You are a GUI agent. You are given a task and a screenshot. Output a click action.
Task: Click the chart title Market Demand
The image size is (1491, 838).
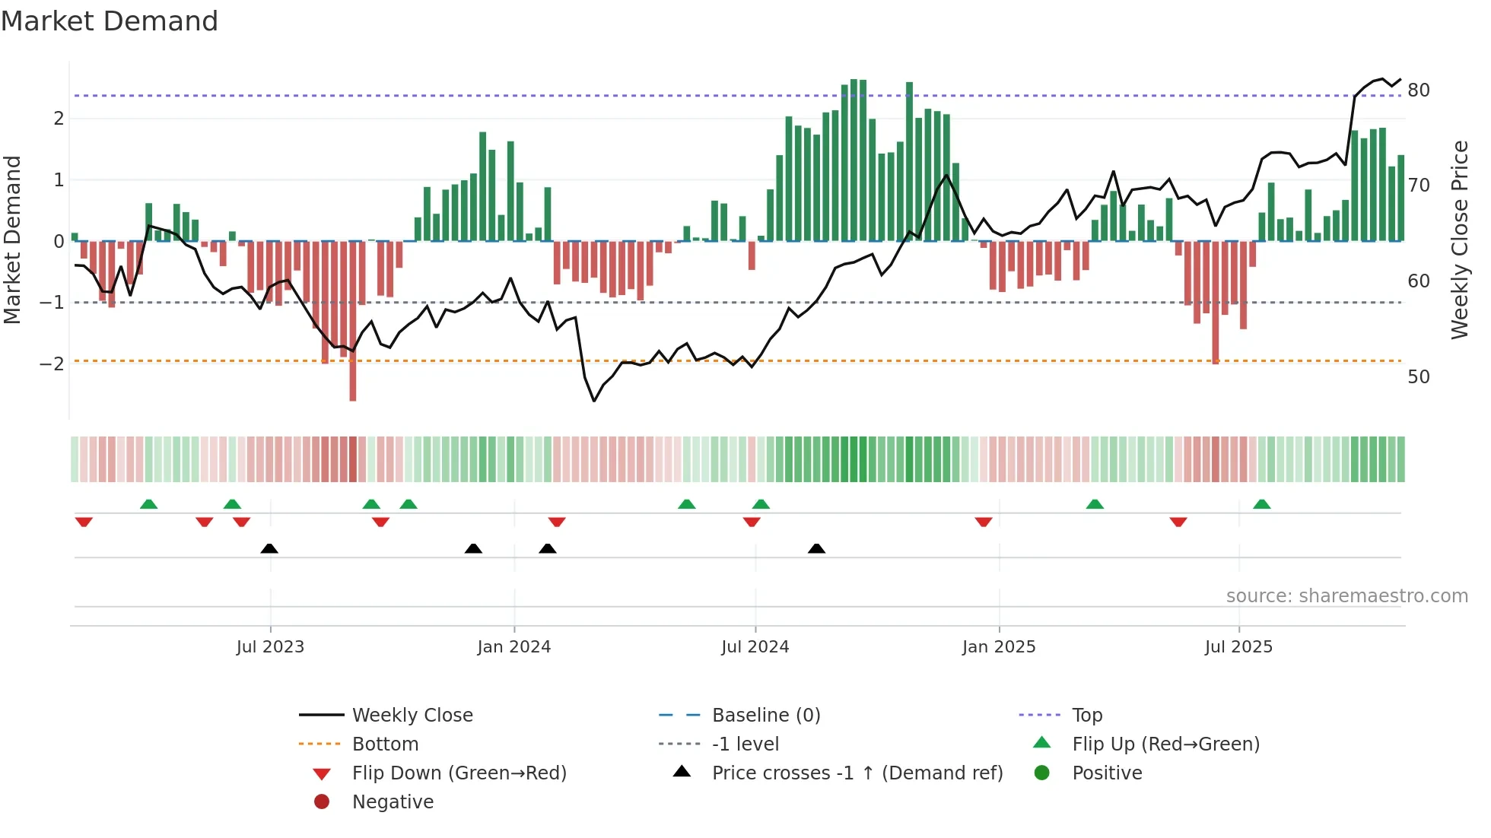pos(110,21)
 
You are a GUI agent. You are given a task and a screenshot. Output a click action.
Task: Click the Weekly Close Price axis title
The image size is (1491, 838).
pos(1459,240)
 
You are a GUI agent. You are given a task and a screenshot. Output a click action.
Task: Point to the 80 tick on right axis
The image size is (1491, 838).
pos(1418,90)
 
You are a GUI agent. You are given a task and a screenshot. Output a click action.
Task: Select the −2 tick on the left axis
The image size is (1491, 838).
pos(52,363)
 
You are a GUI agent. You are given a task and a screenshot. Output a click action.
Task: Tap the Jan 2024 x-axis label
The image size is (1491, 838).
pos(513,647)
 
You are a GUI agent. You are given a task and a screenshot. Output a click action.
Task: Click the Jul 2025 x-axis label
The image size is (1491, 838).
pos(1238,647)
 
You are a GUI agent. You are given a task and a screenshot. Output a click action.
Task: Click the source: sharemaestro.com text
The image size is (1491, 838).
pos(1346,596)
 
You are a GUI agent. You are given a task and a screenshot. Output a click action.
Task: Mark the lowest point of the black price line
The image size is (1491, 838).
pos(594,401)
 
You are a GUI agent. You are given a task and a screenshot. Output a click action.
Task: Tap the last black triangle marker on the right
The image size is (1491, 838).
pos(816,548)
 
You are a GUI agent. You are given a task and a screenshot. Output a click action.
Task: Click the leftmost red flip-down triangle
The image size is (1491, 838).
pos(84,522)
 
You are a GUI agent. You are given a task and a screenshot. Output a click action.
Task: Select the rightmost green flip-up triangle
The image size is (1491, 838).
pos(1261,504)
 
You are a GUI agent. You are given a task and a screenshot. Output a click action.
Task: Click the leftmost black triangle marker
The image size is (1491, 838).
pos(269,548)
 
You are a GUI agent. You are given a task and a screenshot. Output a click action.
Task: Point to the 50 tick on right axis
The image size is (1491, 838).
pos(1418,377)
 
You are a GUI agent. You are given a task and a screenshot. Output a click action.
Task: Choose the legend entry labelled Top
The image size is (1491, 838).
pos(1086,716)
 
